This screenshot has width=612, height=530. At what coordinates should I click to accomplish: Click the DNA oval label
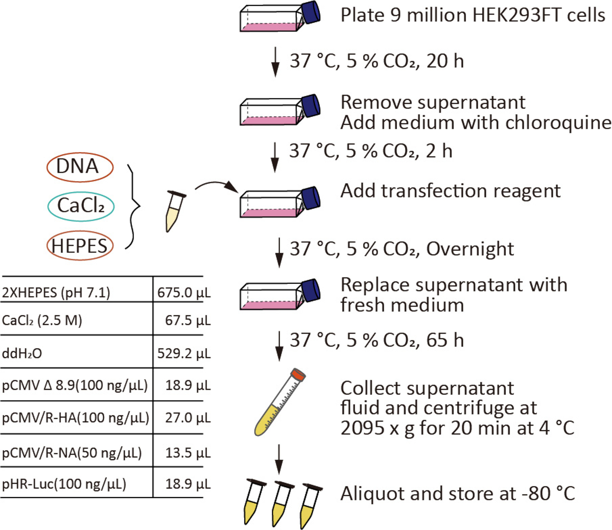pos(80,167)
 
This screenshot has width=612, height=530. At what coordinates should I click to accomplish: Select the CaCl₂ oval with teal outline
pos(81,206)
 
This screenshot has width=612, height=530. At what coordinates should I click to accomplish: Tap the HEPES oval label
pos(80,246)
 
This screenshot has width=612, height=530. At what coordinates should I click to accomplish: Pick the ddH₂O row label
pos(22,353)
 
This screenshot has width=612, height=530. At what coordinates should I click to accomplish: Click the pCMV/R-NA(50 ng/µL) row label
pos(72,453)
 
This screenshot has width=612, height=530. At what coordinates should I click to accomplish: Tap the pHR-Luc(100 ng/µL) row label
pos(64,484)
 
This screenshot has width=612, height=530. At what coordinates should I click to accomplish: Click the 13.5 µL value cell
pos(188,453)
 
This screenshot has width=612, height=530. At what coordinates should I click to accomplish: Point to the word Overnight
pos(470,249)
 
